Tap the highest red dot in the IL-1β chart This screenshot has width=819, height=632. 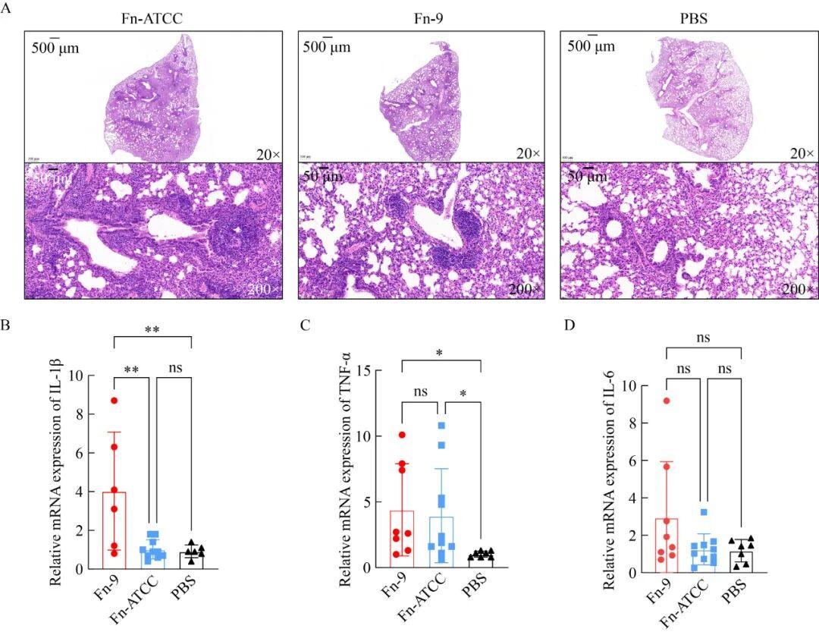tap(114, 401)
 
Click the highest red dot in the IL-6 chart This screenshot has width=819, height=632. tap(666, 401)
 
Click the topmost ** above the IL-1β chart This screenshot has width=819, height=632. tap(152, 331)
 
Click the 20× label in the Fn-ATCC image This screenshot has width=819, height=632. tap(268, 153)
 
